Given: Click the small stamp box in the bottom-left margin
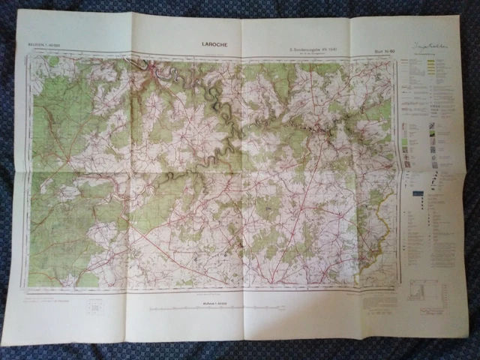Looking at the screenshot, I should [95, 307].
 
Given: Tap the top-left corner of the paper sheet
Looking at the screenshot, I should [16, 11].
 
